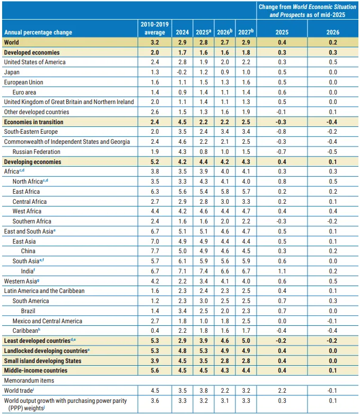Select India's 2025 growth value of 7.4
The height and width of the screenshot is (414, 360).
point(204,271)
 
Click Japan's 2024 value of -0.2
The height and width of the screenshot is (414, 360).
point(182,72)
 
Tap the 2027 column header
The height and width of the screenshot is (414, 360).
point(245,32)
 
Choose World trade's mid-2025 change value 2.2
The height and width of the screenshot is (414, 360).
point(283,391)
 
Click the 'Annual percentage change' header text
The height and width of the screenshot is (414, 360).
point(38,32)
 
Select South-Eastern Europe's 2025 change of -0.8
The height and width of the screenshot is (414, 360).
point(283,132)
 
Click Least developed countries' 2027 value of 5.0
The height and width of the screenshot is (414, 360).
point(245,341)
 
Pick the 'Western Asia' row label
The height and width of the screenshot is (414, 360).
point(21,281)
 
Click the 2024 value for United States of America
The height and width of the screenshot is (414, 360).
point(182,63)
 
